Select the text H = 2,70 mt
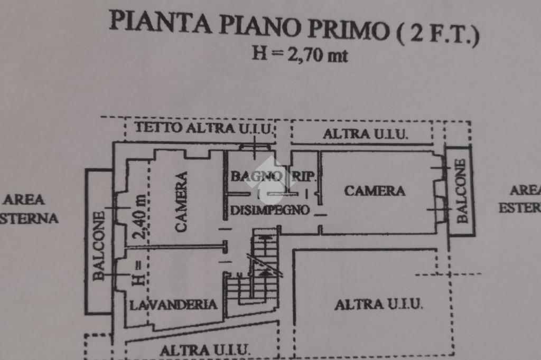coord(300,54)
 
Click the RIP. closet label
coord(304,177)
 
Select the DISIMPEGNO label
coord(270,210)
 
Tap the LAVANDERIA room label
coord(174,304)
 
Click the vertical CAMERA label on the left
coord(181,202)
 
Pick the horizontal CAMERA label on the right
coord(375,191)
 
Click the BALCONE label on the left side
coord(99,245)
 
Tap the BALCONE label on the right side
coord(461,191)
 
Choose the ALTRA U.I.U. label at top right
coord(366,134)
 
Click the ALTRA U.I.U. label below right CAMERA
coord(379,304)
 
